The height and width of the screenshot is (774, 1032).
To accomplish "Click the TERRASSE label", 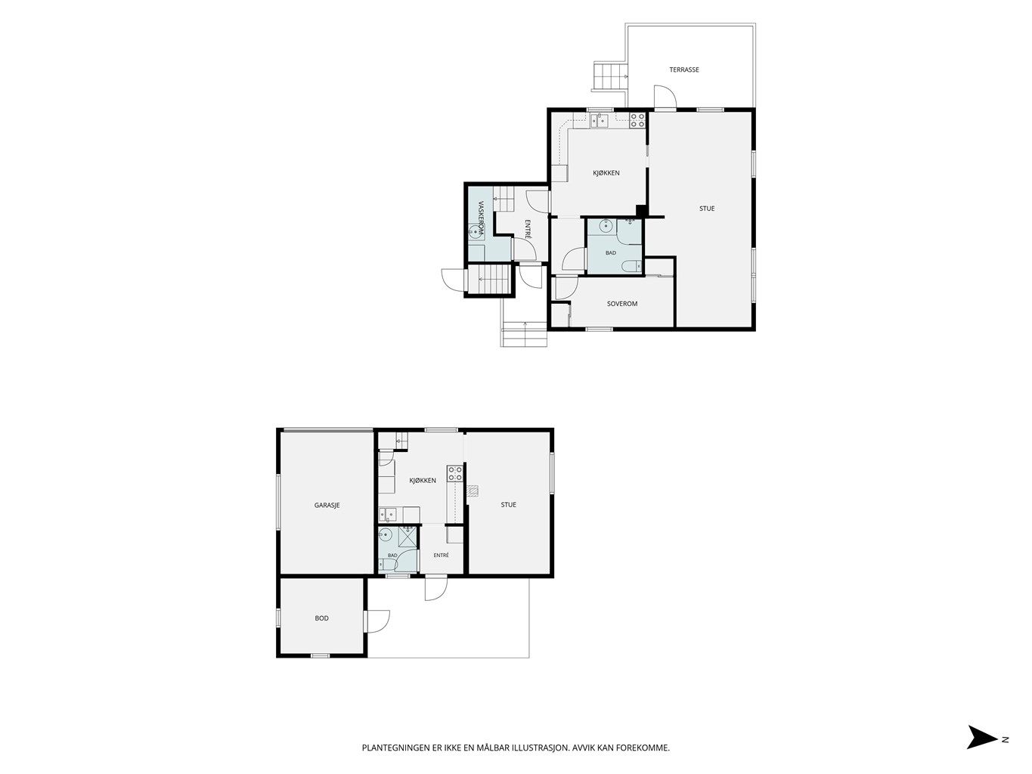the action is click(x=683, y=70).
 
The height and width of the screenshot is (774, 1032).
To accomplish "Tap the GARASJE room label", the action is click(x=327, y=505).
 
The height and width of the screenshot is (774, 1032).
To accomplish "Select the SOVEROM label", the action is click(x=621, y=304).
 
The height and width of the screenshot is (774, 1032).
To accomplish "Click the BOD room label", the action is click(x=321, y=618).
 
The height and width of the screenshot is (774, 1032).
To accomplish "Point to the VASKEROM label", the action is click(x=481, y=218).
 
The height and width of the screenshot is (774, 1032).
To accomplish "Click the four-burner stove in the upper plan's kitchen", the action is click(x=637, y=120).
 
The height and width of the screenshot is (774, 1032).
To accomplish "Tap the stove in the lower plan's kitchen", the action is click(x=454, y=473).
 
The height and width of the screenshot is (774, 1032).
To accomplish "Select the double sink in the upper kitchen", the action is click(x=599, y=120).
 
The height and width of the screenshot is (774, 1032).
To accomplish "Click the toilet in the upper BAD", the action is click(x=631, y=267).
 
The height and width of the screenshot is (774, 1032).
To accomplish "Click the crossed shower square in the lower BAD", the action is click(x=408, y=537).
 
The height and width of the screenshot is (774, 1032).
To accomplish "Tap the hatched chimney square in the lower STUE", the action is click(x=473, y=491).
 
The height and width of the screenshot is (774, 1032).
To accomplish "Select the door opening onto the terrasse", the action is click(x=665, y=97).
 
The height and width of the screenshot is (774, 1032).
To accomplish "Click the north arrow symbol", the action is click(x=981, y=750).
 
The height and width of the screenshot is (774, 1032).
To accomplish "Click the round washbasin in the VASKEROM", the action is click(x=473, y=231).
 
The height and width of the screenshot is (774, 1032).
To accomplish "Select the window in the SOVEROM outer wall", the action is click(x=599, y=329).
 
